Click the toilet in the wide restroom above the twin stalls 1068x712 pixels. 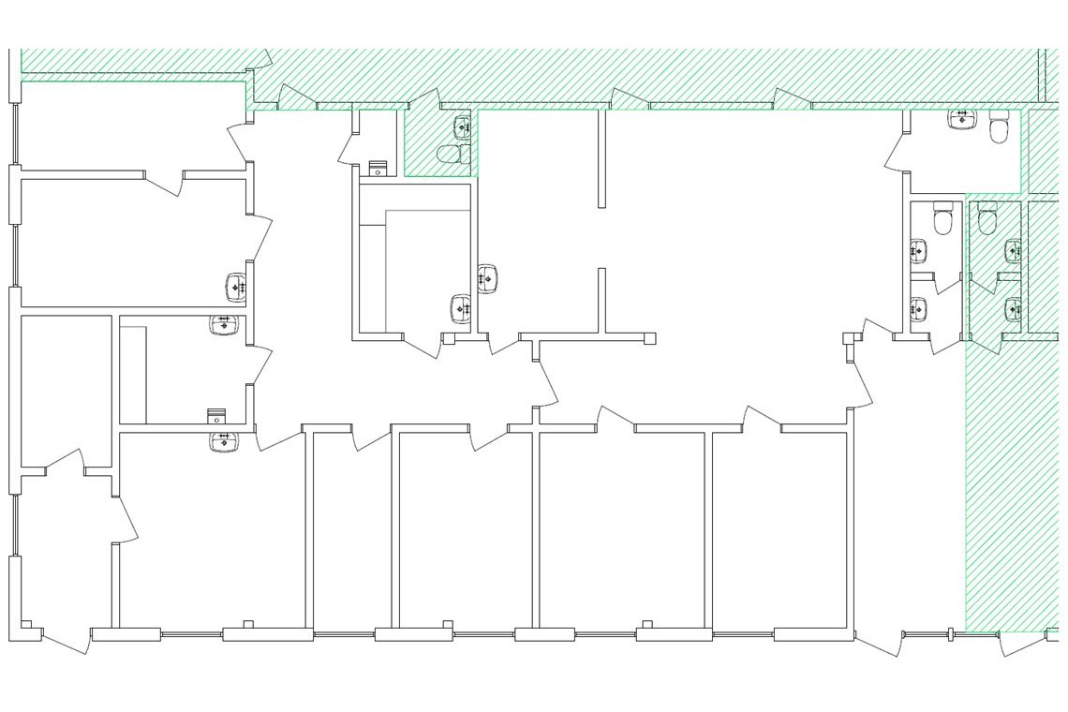tap(998, 126)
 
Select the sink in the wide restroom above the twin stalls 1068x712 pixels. tap(962, 119)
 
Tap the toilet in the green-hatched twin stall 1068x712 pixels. tap(987, 221)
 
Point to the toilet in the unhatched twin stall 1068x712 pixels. tap(942, 221)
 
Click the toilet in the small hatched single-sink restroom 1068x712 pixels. tap(453, 155)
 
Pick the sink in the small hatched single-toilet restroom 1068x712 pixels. tap(463, 126)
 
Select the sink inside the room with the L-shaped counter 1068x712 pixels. tap(461, 307)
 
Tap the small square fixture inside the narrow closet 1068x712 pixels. tap(378, 169)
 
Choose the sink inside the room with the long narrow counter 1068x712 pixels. tap(225, 325)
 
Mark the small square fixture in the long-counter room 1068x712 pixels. tap(216, 415)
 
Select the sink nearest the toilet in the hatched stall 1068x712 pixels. tap(1014, 250)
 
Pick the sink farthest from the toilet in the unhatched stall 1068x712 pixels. tap(918, 308)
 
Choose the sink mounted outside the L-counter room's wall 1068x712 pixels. tap(487, 278)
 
